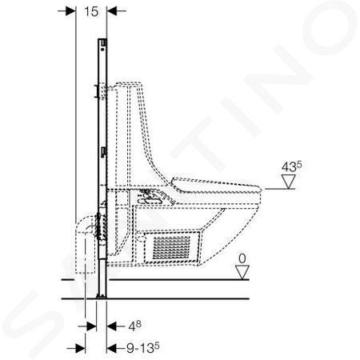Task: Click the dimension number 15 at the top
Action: pyautogui.click(x=91, y=11)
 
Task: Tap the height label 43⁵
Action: pyautogui.click(x=292, y=166)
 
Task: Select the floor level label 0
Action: pyautogui.click(x=242, y=258)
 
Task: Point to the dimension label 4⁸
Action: pyautogui.click(x=134, y=326)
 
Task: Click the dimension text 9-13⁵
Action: pyautogui.click(x=142, y=348)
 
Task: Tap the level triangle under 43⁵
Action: pyautogui.click(x=289, y=182)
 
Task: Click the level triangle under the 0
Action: pyautogui.click(x=242, y=272)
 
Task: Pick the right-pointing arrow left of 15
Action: pyautogui.click(x=67, y=11)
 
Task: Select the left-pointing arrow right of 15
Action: pyautogui.click(x=116, y=11)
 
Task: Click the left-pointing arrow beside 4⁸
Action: pyautogui.click(x=116, y=326)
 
